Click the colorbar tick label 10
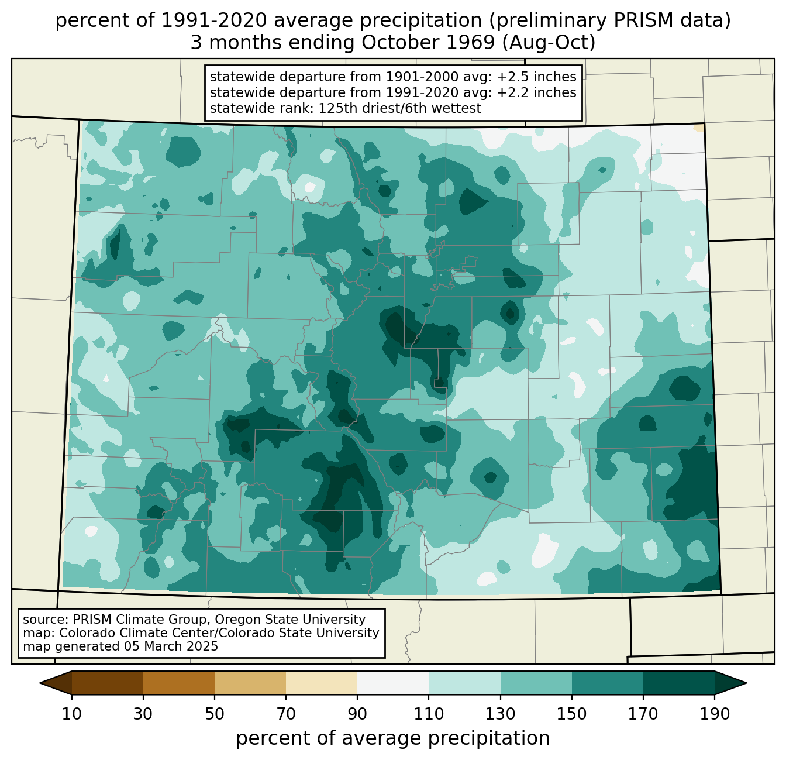71,714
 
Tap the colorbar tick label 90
357,714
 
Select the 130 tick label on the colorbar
500,714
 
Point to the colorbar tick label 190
715,714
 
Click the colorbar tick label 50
215,714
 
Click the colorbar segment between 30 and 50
178,683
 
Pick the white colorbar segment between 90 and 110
393,683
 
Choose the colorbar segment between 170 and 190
678,683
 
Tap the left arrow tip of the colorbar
40,683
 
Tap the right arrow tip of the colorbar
746,683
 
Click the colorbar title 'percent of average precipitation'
393,738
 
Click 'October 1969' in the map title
428,43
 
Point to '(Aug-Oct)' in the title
549,43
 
